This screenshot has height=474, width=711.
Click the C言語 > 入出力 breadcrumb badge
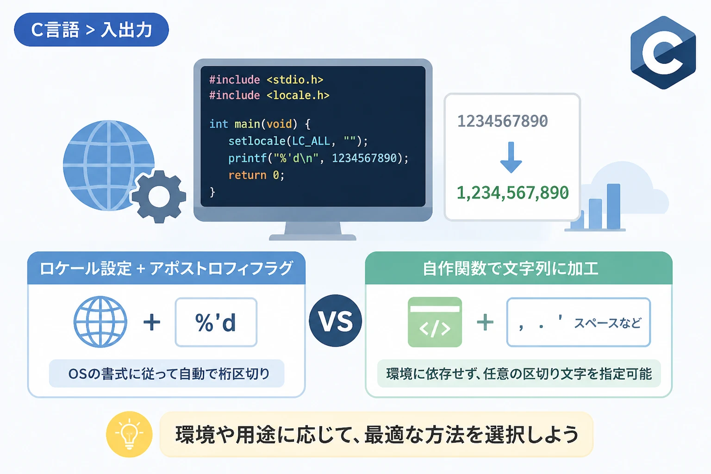coord(91,30)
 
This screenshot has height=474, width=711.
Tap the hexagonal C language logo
coord(663,53)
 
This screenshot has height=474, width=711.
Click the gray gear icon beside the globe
coord(159,197)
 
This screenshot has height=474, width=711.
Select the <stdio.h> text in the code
coord(295,80)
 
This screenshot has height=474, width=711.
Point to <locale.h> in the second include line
coord(298,95)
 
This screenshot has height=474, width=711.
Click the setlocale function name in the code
coord(257,141)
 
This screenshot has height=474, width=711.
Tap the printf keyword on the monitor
coord(247,158)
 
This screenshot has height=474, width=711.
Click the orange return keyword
coord(247,175)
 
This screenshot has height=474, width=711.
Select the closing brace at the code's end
coord(212,192)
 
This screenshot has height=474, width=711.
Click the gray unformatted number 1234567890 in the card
coord(502,121)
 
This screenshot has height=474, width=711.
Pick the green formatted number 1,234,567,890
coord(512,193)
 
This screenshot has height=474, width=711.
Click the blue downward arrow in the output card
coord(511,157)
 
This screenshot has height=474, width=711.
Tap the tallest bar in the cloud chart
coord(613,206)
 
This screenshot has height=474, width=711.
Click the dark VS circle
coord(336,321)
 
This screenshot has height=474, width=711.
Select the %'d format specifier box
coord(216,322)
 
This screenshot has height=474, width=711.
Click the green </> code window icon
coord(435,322)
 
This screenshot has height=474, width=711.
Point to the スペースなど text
coord(607,323)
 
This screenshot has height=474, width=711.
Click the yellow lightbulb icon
coord(129,434)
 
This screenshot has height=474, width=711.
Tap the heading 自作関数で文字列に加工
coord(511,268)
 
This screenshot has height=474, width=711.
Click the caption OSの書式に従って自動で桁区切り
coord(169,374)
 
